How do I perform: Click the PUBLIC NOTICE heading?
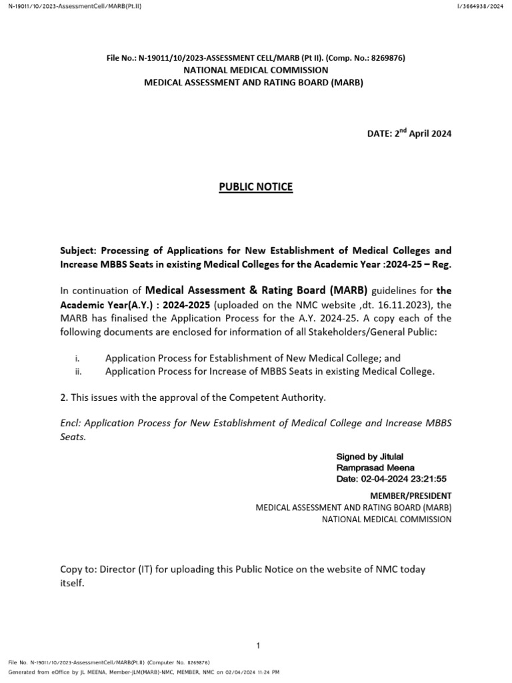click(256, 187)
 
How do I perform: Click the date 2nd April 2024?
click(409, 133)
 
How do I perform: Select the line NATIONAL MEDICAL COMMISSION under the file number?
click(256, 70)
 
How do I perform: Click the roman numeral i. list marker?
click(77, 358)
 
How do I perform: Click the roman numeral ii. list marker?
click(78, 372)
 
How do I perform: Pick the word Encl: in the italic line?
click(71, 424)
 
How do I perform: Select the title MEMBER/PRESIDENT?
click(411, 496)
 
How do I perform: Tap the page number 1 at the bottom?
click(257, 646)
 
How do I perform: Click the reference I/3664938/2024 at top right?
click(479, 6)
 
